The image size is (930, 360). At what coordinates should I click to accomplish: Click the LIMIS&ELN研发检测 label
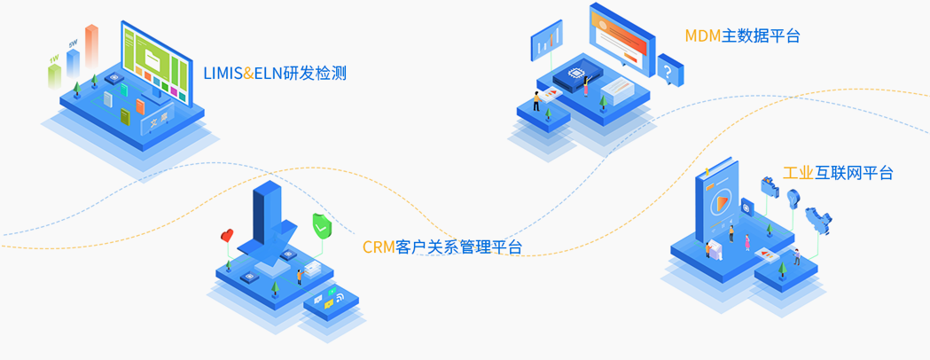click(x=276, y=73)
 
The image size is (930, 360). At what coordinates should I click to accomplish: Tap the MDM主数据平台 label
click(x=742, y=35)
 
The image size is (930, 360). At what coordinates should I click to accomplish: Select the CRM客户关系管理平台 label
click(x=442, y=247)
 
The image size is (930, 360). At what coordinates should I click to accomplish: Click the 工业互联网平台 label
click(x=838, y=173)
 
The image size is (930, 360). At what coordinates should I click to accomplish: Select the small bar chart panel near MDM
click(x=547, y=40)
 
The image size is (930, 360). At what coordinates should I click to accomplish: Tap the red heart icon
click(x=228, y=236)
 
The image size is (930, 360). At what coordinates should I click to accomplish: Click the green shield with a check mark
click(x=322, y=226)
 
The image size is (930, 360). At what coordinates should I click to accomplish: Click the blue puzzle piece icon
click(x=817, y=218)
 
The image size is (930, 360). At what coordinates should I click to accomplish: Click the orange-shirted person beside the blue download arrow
click(x=300, y=276)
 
